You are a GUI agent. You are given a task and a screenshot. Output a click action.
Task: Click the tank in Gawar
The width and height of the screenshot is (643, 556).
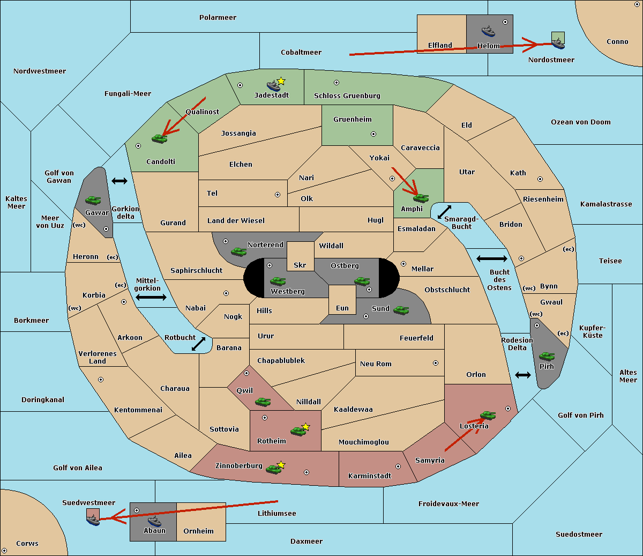pyautogui.click(x=93, y=200)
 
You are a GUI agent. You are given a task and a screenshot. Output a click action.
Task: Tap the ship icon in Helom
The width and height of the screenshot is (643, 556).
pyautogui.click(x=488, y=31)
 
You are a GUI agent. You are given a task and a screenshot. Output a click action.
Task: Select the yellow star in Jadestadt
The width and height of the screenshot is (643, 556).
pyautogui.click(x=281, y=81)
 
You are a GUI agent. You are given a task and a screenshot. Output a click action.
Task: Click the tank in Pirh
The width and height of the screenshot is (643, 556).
pyautogui.click(x=547, y=356)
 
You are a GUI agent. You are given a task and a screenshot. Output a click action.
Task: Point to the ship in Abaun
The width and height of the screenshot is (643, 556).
pyautogui.click(x=155, y=521)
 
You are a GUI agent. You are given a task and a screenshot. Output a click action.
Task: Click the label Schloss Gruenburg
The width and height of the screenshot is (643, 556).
pyautogui.click(x=347, y=95)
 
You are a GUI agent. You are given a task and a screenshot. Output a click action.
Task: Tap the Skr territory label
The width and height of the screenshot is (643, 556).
pyautogui.click(x=300, y=265)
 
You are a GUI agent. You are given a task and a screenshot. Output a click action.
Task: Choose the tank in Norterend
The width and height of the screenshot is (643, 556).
pyautogui.click(x=238, y=251)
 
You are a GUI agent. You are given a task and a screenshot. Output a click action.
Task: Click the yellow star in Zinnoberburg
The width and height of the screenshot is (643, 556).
pyautogui.click(x=281, y=465)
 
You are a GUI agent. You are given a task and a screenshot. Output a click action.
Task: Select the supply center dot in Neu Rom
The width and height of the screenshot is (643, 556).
pyautogui.click(x=436, y=363)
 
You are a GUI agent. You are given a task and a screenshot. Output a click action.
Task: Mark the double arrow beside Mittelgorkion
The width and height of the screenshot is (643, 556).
pyautogui.click(x=151, y=297)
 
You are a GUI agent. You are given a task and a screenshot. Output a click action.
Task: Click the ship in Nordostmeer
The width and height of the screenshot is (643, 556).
pyautogui.click(x=558, y=43)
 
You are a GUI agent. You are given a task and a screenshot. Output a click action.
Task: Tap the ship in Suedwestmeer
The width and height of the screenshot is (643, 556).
pyautogui.click(x=93, y=520)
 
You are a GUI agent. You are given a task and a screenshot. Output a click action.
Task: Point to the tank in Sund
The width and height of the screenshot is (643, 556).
pyautogui.click(x=401, y=310)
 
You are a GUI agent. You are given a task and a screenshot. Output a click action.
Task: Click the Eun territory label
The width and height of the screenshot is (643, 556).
pyautogui.click(x=342, y=308)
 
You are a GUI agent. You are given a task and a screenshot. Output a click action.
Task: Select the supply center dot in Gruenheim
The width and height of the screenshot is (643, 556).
pyautogui.click(x=373, y=134)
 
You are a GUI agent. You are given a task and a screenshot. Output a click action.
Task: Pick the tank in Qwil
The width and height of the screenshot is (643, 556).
pyautogui.click(x=263, y=402)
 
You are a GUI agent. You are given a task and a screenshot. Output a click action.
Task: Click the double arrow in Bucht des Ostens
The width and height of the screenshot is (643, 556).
pyautogui.click(x=492, y=258)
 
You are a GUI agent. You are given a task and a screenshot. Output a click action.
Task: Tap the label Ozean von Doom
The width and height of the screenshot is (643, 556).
pyautogui.click(x=580, y=122)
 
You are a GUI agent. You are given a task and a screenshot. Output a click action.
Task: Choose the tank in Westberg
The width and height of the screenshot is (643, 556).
pyautogui.click(x=278, y=281)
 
